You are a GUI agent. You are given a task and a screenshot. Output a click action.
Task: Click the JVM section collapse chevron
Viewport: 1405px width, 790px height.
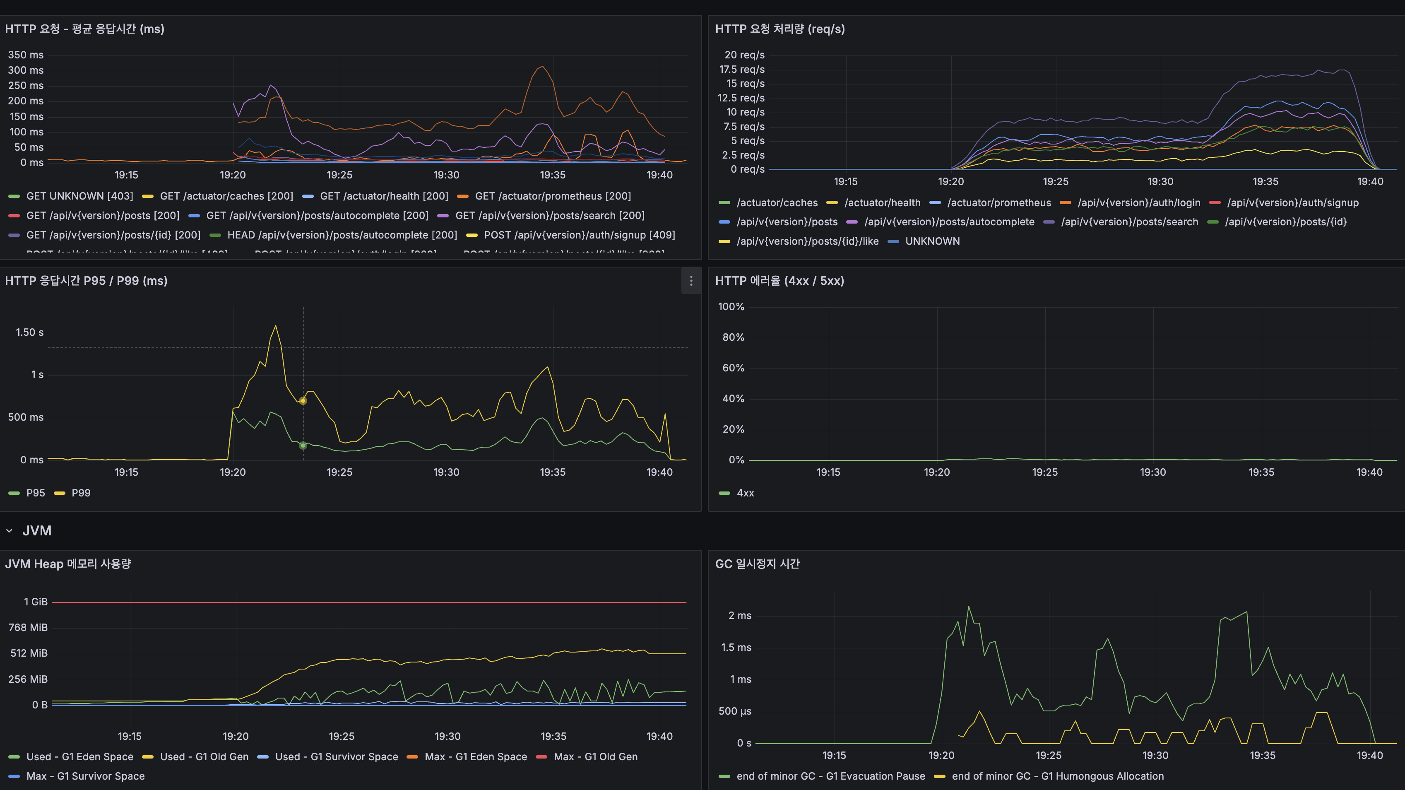click(x=9, y=531)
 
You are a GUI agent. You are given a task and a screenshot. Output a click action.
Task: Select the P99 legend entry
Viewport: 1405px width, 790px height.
click(x=81, y=493)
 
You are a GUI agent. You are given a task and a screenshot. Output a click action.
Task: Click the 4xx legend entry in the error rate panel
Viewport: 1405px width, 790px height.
click(x=745, y=493)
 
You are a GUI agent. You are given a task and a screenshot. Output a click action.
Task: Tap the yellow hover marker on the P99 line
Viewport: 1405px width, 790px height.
click(x=303, y=401)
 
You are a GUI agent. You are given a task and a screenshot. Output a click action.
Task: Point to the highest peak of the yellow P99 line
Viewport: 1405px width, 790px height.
click(x=275, y=326)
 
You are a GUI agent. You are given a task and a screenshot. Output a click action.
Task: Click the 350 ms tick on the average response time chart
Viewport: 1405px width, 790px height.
click(x=26, y=55)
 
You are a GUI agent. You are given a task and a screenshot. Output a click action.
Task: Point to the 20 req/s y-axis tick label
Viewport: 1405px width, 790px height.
click(x=744, y=55)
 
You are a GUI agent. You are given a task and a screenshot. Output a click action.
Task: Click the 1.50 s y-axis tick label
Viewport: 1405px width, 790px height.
click(x=29, y=332)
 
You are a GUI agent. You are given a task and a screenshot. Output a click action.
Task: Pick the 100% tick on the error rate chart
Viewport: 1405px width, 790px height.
click(x=731, y=307)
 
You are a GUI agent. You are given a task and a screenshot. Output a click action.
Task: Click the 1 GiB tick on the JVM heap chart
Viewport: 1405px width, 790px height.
click(x=36, y=602)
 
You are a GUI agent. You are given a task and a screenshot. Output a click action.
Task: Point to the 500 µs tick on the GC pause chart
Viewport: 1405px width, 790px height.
click(x=735, y=711)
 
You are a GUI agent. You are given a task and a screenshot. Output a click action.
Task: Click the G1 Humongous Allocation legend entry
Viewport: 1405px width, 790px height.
click(x=1057, y=776)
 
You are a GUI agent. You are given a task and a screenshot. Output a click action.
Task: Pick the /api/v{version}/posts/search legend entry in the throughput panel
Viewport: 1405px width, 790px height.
click(x=1129, y=222)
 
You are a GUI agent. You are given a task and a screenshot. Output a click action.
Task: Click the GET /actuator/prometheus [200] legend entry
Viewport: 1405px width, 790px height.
click(x=553, y=196)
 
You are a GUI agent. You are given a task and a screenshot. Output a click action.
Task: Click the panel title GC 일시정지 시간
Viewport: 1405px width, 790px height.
click(x=757, y=564)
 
